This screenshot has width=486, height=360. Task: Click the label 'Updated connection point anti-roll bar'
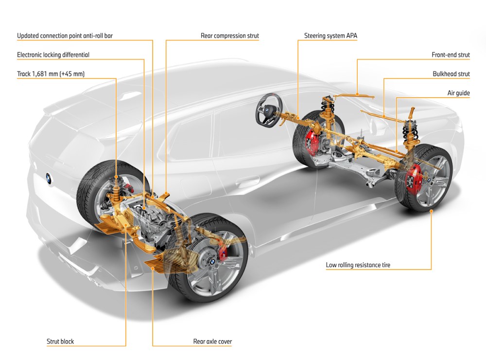[x=65, y=36]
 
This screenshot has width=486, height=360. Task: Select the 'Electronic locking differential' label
[x=53, y=55]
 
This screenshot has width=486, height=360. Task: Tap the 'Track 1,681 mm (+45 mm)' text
[x=51, y=74]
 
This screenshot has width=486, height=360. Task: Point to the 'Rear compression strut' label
[x=230, y=36]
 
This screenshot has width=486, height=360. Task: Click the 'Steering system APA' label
[x=330, y=36]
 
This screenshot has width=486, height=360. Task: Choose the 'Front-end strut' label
[x=451, y=55]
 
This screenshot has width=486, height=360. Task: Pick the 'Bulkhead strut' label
[x=451, y=74]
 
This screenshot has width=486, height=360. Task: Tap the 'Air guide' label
[x=458, y=93]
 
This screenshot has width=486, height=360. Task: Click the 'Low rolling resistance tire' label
[x=358, y=265]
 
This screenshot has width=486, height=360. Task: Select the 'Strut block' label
[x=60, y=342]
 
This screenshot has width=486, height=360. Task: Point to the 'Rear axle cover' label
[x=212, y=342]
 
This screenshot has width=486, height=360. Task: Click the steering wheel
[x=268, y=109]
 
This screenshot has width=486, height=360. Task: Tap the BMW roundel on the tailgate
[x=48, y=178]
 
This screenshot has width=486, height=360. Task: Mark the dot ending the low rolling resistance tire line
[x=431, y=211]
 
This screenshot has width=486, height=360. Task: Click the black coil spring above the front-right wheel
[x=410, y=131]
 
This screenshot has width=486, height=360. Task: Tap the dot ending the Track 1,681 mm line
[x=116, y=177]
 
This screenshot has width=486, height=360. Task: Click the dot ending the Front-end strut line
[x=357, y=94]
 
